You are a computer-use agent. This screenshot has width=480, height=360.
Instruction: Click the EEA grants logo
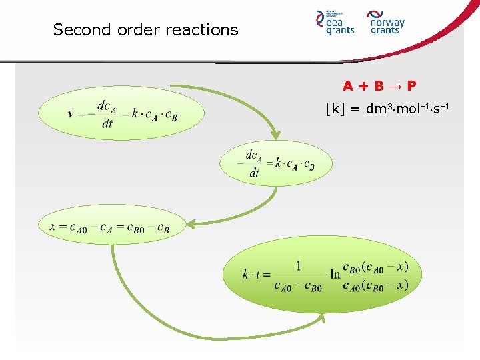[335, 23]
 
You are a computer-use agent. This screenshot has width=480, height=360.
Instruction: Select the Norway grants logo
[386, 23]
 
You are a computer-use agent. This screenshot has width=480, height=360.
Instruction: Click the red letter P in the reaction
[411, 86]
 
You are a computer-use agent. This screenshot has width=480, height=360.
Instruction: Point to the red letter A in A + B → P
[348, 86]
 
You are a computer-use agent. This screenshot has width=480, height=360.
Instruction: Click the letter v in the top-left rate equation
[71, 113]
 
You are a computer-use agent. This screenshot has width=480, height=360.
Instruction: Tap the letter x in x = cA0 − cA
[53, 226]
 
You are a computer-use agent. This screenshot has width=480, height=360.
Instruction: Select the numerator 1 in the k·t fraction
[298, 265]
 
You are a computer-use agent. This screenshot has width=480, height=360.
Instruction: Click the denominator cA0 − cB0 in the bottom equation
[298, 286]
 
